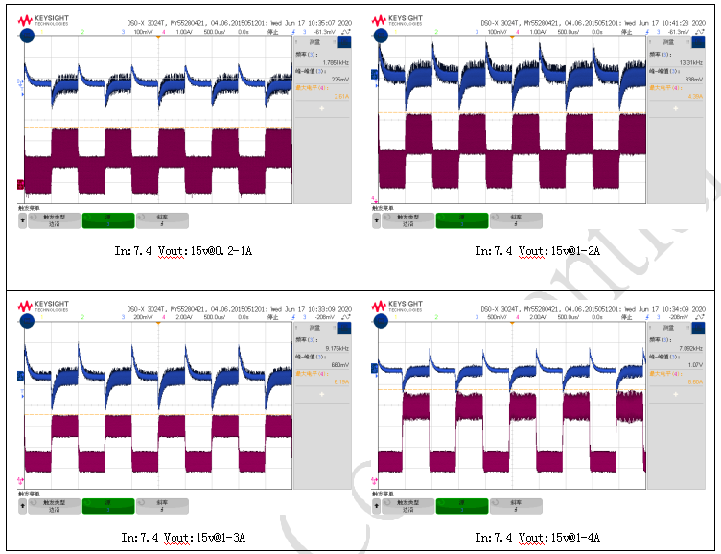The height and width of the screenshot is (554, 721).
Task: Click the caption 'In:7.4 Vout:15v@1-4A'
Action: pos(541,538)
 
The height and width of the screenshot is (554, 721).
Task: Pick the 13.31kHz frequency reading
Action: pos(690,63)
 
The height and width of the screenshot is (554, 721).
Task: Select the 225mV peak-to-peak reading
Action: pos(340,80)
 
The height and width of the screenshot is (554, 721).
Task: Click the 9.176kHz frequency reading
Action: pos(337,348)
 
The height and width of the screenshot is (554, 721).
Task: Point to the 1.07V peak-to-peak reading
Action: pos(695,364)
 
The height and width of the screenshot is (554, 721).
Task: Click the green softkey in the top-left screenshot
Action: pos(108,221)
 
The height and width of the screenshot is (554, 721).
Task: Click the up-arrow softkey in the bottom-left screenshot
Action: pos(22,505)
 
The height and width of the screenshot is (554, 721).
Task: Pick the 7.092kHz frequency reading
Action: pos(691,348)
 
